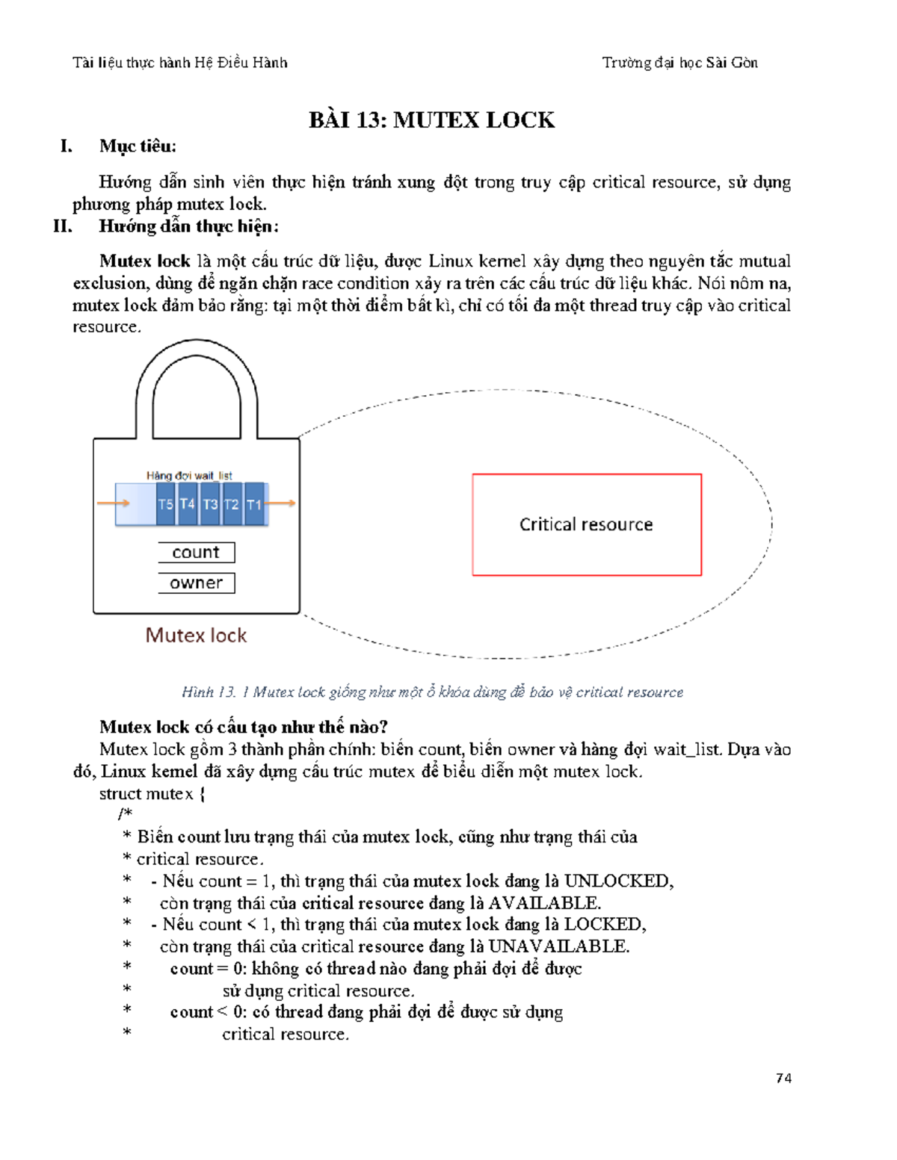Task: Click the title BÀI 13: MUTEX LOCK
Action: [x=431, y=120]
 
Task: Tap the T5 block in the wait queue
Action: [x=165, y=504]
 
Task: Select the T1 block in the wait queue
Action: [x=254, y=504]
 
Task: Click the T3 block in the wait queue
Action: [x=210, y=504]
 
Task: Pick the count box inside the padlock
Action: [x=197, y=553]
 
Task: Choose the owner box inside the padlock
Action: [x=197, y=583]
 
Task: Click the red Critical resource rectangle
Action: [x=587, y=524]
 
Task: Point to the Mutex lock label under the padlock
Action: [x=196, y=635]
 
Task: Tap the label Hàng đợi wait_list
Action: [x=189, y=475]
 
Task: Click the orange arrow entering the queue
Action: [x=113, y=503]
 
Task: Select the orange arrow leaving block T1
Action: [x=282, y=503]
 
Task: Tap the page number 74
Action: [x=783, y=1078]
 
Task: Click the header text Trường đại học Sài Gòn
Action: [x=679, y=63]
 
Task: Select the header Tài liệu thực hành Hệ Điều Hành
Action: [x=180, y=63]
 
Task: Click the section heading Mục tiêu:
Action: [x=138, y=146]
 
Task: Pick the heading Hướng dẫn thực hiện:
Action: [x=188, y=226]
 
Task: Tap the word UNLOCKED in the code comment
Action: [x=617, y=881]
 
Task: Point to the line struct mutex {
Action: [x=152, y=793]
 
